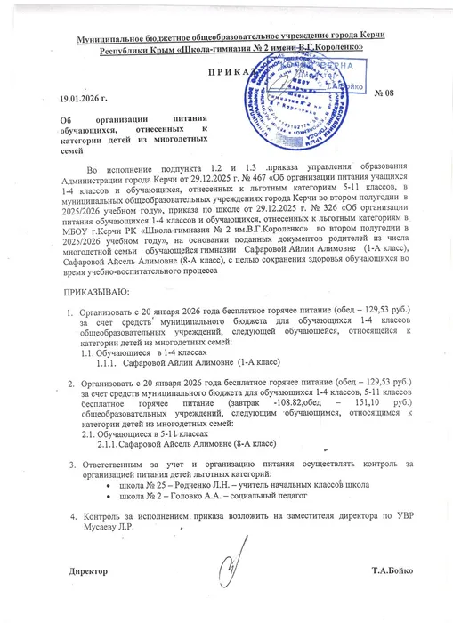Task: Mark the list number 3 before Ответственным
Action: tap(72, 465)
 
